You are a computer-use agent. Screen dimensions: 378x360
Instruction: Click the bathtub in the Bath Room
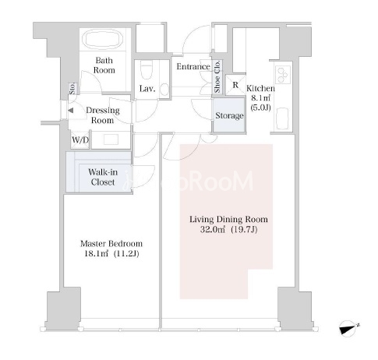(x=103, y=39)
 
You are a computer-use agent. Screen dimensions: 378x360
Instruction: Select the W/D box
(x=80, y=140)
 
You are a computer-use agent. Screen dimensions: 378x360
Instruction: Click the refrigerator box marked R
(x=235, y=85)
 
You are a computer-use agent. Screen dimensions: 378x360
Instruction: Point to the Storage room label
(x=229, y=115)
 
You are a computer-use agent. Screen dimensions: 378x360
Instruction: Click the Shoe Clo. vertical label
(x=217, y=76)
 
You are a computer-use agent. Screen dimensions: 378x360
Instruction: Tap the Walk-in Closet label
(x=103, y=177)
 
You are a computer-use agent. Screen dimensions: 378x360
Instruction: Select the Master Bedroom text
(x=111, y=244)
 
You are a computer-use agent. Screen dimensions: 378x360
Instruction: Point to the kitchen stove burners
(x=282, y=75)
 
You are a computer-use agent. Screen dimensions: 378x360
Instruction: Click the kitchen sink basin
(x=282, y=119)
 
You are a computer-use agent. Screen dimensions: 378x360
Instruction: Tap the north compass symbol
(x=349, y=329)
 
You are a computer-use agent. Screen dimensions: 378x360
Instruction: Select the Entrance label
(x=193, y=67)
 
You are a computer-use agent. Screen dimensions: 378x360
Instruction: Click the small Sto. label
(x=72, y=88)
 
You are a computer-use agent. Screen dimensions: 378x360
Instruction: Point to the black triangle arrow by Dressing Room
(x=71, y=111)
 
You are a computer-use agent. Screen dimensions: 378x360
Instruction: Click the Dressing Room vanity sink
(x=111, y=139)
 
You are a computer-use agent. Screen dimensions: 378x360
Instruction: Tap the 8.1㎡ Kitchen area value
(x=260, y=98)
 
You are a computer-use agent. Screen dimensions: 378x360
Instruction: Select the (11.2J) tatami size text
(x=126, y=254)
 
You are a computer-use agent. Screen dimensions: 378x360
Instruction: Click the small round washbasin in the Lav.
(x=164, y=89)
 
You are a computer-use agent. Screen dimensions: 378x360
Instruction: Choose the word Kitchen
(x=260, y=88)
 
